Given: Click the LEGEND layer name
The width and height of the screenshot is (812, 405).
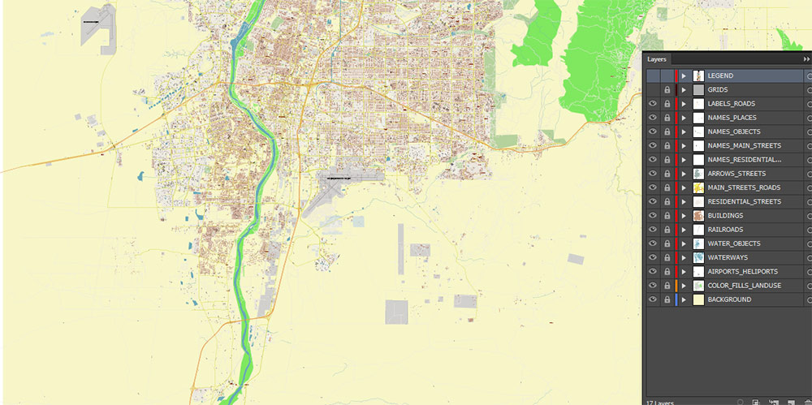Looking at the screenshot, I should [x=720, y=75].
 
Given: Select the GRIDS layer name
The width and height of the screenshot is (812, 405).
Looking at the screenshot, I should [x=718, y=89].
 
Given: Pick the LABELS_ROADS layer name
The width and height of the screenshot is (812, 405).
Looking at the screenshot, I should [x=731, y=104].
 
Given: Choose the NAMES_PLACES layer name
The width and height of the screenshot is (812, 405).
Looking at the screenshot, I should [x=732, y=118].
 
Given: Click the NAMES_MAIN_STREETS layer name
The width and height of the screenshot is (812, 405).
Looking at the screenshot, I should [x=744, y=145].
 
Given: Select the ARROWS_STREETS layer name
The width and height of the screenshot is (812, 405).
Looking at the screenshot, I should [x=736, y=174].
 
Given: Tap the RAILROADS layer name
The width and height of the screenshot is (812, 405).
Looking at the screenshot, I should [x=725, y=230].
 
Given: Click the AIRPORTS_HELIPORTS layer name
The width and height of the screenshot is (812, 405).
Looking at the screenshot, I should [x=742, y=271].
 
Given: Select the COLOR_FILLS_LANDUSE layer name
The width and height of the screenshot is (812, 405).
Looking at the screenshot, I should [x=744, y=286].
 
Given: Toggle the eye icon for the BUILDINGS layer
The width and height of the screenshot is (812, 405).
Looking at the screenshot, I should [x=652, y=216].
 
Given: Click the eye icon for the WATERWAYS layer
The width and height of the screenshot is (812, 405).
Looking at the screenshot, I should [x=652, y=257].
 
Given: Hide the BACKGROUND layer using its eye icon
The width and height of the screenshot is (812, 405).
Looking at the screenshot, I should [x=652, y=299].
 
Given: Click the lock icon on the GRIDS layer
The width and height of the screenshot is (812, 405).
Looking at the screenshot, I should [x=667, y=89].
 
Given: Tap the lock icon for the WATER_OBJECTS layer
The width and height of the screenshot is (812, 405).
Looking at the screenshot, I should [x=667, y=243].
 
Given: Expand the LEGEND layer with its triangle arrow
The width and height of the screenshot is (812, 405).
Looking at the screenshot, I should [x=684, y=75].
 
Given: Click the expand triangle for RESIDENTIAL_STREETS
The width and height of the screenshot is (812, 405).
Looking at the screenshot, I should [x=684, y=201].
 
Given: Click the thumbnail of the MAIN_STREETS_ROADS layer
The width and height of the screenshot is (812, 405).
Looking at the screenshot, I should [x=698, y=187].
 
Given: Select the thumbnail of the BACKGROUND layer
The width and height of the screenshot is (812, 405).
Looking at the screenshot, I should [x=698, y=299].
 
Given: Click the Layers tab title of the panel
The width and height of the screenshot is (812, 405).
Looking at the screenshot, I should [x=657, y=59].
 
